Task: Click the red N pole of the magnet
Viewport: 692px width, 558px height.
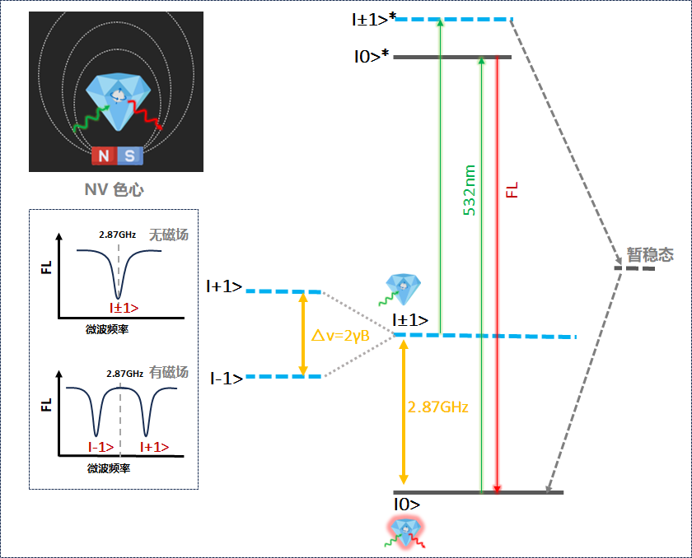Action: pyautogui.click(x=103, y=156)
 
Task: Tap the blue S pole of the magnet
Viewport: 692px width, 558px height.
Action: pyautogui.click(x=130, y=156)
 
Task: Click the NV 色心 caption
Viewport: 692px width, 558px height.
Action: pyautogui.click(x=114, y=190)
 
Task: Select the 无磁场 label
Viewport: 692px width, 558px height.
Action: pyautogui.click(x=168, y=235)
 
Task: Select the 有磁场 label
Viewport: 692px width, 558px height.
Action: pyautogui.click(x=169, y=372)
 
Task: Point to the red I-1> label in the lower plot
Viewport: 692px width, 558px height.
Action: pyautogui.click(x=102, y=446)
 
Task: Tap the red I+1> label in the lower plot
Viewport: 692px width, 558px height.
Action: pyautogui.click(x=154, y=446)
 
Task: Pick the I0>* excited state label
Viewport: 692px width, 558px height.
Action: pyautogui.click(x=371, y=58)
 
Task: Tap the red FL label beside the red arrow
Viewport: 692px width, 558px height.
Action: pyautogui.click(x=512, y=190)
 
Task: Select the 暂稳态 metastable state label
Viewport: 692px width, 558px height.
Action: pyautogui.click(x=650, y=255)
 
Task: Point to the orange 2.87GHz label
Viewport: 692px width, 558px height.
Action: pyautogui.click(x=437, y=407)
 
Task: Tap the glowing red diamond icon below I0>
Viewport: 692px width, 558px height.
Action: pyautogui.click(x=405, y=532)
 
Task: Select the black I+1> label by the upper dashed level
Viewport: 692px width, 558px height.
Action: pyautogui.click(x=224, y=287)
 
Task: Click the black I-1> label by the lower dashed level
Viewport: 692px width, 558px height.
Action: pyautogui.click(x=226, y=379)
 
